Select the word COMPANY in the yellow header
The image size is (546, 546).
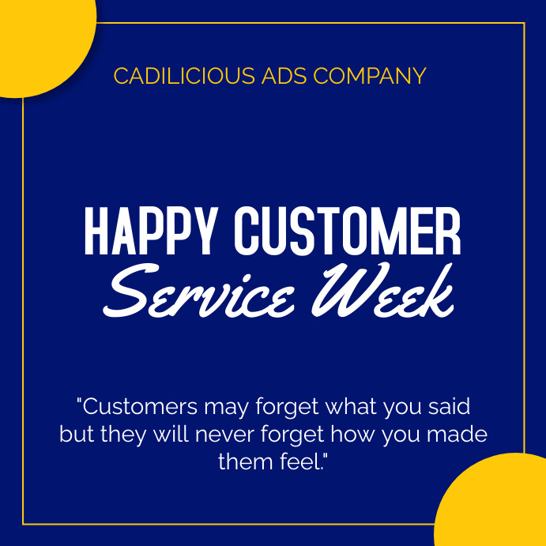(370, 77)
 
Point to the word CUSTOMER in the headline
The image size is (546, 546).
(348, 230)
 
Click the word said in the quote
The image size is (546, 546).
(449, 408)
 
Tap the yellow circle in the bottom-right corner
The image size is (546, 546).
(498, 506)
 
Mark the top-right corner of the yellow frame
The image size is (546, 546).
(524, 24)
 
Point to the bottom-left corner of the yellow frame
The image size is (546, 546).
(23, 523)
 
